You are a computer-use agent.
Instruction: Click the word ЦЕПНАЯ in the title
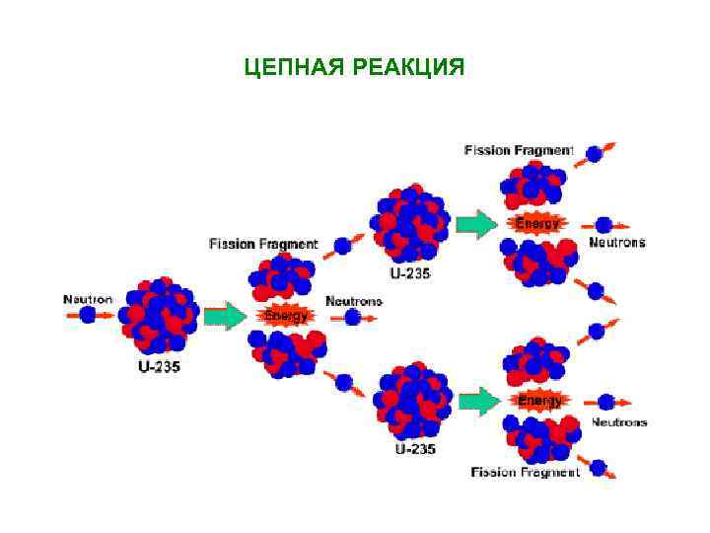(x=289, y=68)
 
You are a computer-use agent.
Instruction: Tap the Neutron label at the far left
(x=88, y=298)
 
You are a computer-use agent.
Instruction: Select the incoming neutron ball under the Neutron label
(x=88, y=315)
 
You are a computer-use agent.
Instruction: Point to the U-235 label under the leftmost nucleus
(x=158, y=367)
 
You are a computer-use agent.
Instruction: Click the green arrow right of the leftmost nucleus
(x=224, y=317)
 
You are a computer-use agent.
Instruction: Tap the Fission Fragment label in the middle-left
(x=263, y=243)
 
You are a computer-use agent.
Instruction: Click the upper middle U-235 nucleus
(x=410, y=224)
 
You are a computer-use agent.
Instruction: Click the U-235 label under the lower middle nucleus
(x=413, y=449)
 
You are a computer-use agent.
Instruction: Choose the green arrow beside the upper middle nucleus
(x=477, y=224)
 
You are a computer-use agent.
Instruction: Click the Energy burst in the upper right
(x=538, y=224)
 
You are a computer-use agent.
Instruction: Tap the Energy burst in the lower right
(x=539, y=401)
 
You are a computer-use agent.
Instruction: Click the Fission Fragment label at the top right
(x=519, y=150)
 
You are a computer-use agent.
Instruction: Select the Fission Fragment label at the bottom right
(x=524, y=472)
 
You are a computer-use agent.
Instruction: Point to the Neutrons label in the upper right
(x=617, y=242)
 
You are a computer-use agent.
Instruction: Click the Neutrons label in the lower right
(x=619, y=421)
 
